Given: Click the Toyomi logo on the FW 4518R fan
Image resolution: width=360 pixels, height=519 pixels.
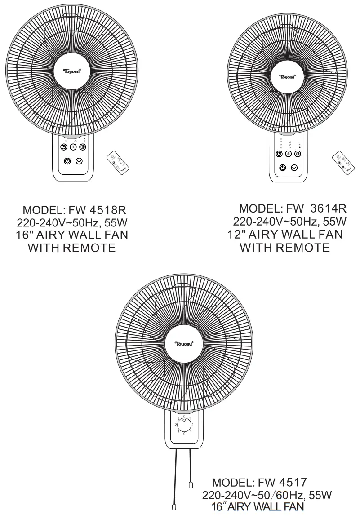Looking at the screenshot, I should pyautogui.click(x=72, y=71).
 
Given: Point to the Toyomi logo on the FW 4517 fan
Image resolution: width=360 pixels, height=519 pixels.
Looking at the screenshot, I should pyautogui.click(x=184, y=344).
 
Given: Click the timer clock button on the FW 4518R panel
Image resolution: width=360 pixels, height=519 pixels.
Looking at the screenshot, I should pyautogui.click(x=64, y=147).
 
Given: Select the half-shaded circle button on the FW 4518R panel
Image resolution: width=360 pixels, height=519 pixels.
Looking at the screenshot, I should pyautogui.click(x=82, y=147).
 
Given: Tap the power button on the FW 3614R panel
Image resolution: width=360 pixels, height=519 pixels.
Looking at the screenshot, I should pyautogui.click(x=282, y=167).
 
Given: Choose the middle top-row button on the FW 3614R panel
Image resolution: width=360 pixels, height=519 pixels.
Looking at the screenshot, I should pyautogui.click(x=288, y=154).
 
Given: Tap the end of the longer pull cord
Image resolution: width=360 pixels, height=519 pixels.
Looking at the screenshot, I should pyautogui.click(x=174, y=507).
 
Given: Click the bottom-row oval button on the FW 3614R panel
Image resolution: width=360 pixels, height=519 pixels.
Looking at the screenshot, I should pyautogui.click(x=294, y=167).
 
